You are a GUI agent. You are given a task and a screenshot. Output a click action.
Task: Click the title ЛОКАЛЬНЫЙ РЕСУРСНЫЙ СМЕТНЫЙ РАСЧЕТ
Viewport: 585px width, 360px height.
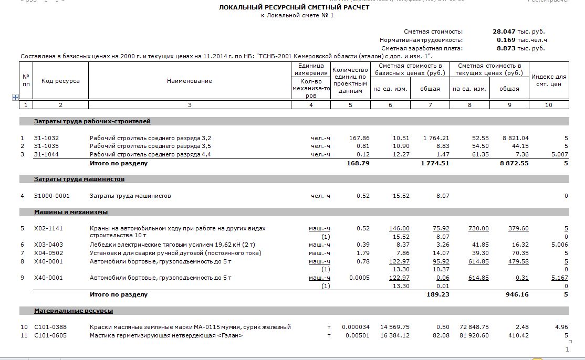[294, 7]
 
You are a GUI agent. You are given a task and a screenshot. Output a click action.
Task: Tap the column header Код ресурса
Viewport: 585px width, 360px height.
[60, 81]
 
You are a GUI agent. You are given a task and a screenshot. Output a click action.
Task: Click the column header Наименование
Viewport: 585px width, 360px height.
[190, 81]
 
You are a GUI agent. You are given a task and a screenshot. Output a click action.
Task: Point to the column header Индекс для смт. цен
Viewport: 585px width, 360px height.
[549, 81]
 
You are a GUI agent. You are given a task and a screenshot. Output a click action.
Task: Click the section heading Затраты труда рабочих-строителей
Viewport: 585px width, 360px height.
[92, 121]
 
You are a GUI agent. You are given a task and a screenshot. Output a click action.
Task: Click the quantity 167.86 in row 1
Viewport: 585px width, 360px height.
[359, 138]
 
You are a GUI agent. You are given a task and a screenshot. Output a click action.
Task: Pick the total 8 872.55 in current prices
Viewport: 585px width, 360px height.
[515, 163]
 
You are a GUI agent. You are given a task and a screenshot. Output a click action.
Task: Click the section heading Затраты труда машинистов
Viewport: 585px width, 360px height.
[79, 179]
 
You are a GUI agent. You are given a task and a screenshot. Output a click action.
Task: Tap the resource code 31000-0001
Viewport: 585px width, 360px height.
[51, 196]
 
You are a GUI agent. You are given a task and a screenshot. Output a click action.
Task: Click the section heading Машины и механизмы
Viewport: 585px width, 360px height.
[71, 212]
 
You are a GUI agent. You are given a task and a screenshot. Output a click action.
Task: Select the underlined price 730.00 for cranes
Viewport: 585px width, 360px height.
[478, 228]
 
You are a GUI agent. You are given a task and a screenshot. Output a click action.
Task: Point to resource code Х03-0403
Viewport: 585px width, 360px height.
[48, 245]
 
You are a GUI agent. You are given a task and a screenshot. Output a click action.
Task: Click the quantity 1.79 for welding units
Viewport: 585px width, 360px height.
[363, 253]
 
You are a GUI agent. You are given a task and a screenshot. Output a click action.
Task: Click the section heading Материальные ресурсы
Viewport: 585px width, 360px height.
[74, 311]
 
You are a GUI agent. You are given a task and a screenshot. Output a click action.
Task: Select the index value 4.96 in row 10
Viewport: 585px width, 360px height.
[561, 327]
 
